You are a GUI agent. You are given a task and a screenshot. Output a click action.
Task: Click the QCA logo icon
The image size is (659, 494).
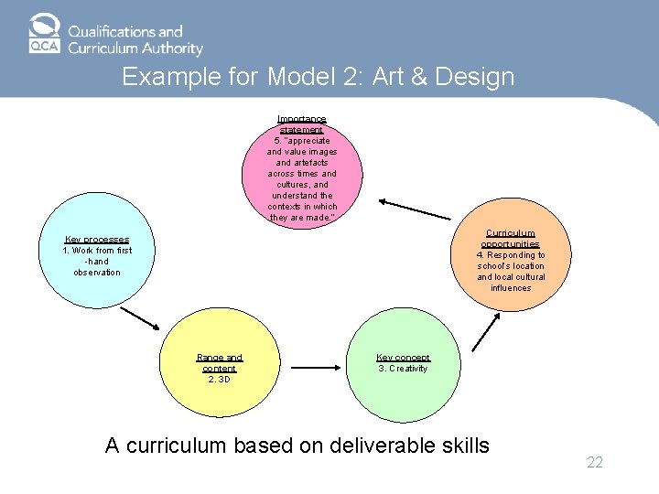tap(43, 33)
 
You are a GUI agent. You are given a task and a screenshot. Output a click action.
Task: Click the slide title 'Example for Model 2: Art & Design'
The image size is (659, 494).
tap(319, 77)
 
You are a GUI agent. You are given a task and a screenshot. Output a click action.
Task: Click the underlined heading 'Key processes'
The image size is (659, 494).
tap(97, 240)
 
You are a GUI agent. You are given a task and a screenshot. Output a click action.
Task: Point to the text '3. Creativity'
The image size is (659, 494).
tap(403, 369)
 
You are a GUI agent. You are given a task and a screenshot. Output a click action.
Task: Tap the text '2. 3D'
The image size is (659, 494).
tap(220, 380)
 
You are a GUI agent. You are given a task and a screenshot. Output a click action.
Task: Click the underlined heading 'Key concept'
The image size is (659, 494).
tap(403, 358)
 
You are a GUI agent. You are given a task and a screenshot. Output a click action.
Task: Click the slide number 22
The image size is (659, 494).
tap(595, 463)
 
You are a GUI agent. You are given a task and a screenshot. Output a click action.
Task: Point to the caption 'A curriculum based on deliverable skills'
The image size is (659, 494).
tap(297, 446)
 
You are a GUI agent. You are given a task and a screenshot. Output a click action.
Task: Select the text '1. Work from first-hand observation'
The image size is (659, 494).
tap(97, 261)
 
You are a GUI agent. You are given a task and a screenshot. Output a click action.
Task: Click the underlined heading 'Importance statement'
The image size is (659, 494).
tap(302, 124)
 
